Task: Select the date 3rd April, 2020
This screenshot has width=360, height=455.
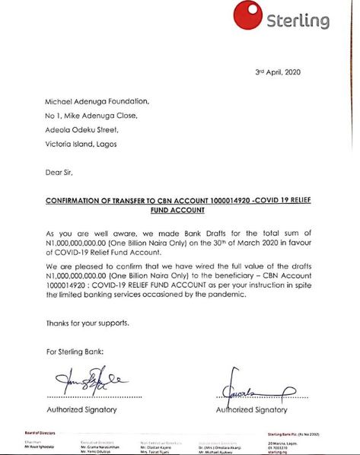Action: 278,72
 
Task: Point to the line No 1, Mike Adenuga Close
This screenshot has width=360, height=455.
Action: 94,116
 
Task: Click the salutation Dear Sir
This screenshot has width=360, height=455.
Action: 60,173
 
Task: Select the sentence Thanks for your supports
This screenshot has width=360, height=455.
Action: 88,323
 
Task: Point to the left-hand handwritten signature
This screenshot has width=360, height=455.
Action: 82,379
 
